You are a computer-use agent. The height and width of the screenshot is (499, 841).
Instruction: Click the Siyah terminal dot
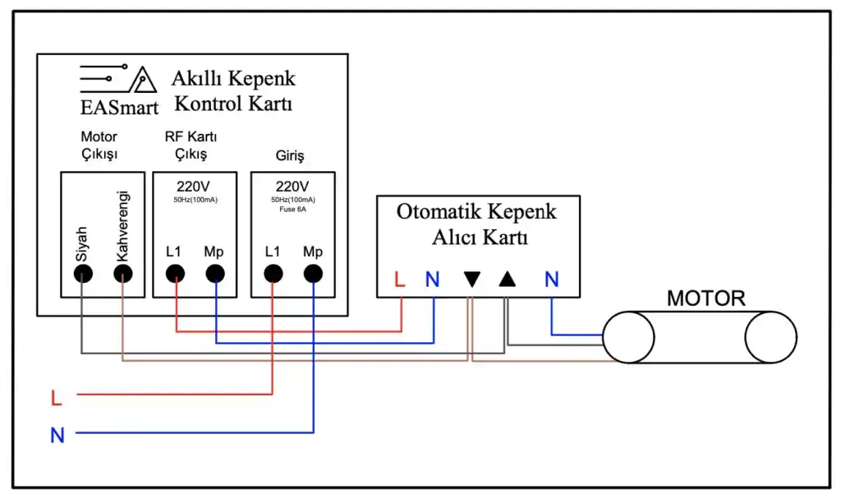(x=82, y=275)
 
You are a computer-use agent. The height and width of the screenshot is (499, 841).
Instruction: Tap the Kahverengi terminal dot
(x=122, y=275)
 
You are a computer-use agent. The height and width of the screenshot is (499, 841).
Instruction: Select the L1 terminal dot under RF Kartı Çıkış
(x=176, y=275)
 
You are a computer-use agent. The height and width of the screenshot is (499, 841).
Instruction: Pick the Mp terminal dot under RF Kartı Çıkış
(x=215, y=275)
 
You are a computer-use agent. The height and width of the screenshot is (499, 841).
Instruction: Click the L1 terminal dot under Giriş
(x=273, y=275)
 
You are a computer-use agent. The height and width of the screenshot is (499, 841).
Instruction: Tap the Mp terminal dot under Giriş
(x=313, y=275)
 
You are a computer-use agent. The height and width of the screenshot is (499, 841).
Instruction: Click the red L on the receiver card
(x=400, y=280)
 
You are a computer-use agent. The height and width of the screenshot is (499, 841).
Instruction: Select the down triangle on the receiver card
(x=471, y=280)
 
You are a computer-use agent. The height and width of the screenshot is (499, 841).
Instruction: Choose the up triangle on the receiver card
(x=508, y=280)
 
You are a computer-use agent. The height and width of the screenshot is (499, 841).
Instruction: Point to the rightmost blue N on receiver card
(x=551, y=280)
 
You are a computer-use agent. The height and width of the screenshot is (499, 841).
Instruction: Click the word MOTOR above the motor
(x=705, y=298)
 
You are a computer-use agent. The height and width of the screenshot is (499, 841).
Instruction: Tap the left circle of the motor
(x=628, y=338)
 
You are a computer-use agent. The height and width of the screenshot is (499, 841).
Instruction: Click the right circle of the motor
(x=770, y=338)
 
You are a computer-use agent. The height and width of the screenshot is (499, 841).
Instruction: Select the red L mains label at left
(x=56, y=400)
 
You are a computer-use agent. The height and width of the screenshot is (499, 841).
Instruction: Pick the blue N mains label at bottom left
(x=57, y=436)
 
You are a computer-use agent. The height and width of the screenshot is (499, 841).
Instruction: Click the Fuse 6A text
(x=292, y=208)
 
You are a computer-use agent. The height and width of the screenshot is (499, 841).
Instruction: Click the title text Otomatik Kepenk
(x=476, y=211)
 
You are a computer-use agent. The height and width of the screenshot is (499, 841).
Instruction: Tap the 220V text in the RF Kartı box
(x=194, y=185)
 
